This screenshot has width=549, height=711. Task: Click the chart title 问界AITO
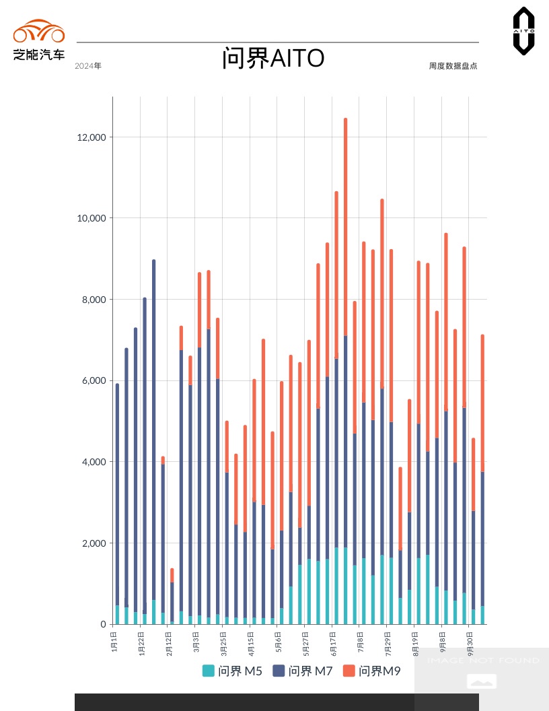(x=273, y=59)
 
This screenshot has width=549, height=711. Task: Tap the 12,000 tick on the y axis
(x=92, y=137)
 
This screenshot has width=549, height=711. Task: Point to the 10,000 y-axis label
(x=92, y=218)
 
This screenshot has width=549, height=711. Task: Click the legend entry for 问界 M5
(x=233, y=671)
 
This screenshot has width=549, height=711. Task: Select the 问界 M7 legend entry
(x=303, y=671)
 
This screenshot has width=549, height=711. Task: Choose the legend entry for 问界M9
(x=372, y=671)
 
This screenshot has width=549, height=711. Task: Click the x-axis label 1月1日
(x=114, y=640)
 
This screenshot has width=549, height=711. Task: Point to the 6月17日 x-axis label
(x=333, y=643)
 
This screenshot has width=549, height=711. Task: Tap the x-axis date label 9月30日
(x=470, y=643)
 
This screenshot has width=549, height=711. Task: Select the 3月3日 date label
(x=196, y=640)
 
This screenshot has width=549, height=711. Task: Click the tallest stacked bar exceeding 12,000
(x=345, y=370)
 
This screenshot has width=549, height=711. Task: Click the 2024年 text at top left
(x=88, y=66)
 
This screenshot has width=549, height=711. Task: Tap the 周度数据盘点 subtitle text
(x=453, y=66)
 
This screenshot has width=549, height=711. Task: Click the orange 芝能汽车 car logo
(x=39, y=32)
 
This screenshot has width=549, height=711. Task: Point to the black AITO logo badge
(x=523, y=31)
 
